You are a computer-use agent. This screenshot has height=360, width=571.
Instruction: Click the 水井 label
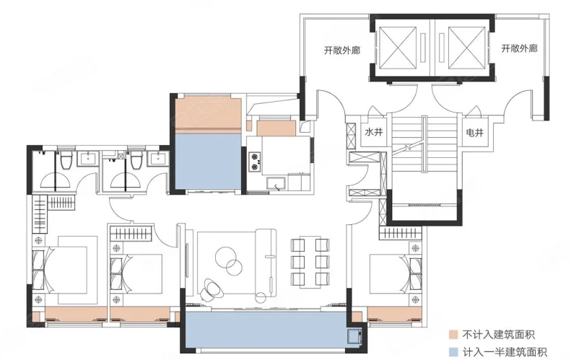click(374, 132)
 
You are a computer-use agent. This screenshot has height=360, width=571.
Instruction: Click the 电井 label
click(475, 133)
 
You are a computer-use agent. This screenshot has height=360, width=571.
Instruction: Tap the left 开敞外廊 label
click(342, 50)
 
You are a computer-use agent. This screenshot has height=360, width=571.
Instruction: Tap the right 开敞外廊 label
click(519, 48)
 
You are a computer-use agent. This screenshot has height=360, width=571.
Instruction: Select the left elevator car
click(397, 48)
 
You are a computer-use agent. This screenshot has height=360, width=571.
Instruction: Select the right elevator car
click(467, 48)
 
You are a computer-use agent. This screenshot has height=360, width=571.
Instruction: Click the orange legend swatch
click(453, 335)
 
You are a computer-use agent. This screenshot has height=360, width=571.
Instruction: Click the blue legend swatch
click(453, 352)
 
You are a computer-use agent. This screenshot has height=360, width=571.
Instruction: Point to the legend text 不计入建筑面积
click(499, 335)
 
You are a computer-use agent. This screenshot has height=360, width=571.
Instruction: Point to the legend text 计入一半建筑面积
click(505, 352)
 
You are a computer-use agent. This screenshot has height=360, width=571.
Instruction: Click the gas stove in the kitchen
click(255, 162)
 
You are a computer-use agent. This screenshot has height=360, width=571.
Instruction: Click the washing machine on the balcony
click(354, 336)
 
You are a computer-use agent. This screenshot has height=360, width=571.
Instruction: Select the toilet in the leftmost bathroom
click(66, 160)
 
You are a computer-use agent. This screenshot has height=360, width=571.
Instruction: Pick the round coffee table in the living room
click(229, 260)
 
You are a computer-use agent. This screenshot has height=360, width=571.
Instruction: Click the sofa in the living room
click(265, 262)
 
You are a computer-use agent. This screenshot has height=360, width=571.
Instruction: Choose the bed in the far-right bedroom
click(390, 273)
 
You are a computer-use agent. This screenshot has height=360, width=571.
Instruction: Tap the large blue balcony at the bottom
click(266, 330)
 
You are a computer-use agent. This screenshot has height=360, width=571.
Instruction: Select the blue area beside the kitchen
click(209, 162)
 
